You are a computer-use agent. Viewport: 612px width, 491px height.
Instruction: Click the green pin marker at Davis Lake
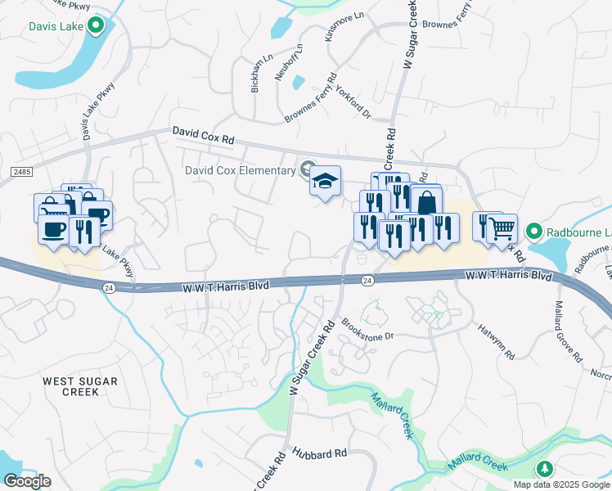coord(97,26)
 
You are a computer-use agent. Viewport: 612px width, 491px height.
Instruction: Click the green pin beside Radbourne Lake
coord(533,231)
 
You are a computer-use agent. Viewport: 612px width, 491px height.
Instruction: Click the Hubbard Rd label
coord(319,453)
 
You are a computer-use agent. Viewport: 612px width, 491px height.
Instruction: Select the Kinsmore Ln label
coord(344,27)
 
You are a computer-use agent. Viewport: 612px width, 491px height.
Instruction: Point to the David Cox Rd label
coord(203,136)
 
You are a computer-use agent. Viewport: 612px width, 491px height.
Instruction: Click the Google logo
coord(27,481)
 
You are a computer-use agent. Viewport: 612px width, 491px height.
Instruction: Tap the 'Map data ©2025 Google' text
coord(561,484)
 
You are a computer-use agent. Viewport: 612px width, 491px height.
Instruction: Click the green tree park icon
coord(544,469)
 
